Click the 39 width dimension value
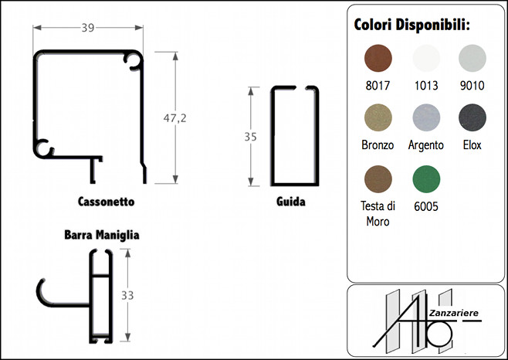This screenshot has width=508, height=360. [88, 28]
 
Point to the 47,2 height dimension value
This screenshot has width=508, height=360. [175, 118]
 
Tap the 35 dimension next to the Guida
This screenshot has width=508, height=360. [250, 137]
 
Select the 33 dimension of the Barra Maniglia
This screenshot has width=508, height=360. [127, 295]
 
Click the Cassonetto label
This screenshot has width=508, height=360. [106, 202]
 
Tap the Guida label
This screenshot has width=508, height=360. [290, 202]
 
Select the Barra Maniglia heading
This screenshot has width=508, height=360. [102, 235]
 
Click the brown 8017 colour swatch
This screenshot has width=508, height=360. [378, 59]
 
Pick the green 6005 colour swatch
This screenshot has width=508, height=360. [426, 179]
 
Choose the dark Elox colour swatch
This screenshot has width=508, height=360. [472, 117]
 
